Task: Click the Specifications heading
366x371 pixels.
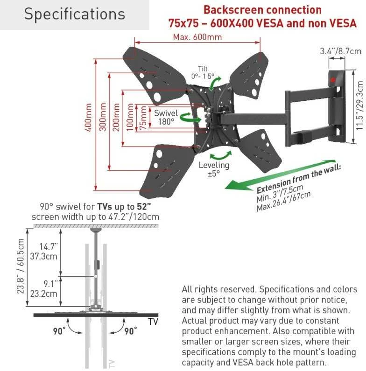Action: coord(75,14)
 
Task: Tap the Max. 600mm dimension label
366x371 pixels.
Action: coord(197,37)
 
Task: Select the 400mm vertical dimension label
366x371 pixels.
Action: coord(88,117)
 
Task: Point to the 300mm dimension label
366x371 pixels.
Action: coord(103,117)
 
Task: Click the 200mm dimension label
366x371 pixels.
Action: coord(116,117)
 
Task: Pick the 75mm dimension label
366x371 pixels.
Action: coord(143,118)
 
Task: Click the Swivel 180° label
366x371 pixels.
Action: coord(166,117)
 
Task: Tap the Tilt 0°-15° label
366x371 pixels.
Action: coord(203,72)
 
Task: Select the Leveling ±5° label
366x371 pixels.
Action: coord(214,169)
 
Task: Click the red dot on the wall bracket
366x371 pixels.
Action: coord(333,80)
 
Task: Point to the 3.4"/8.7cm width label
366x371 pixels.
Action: coord(341,51)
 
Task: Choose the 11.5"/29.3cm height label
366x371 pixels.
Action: coord(359,105)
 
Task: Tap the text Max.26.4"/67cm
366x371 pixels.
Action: coord(284,201)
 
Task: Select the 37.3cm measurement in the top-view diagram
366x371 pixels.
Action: coord(43,257)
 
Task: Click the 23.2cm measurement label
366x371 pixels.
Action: coord(44,294)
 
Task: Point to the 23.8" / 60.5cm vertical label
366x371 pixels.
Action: coord(21,266)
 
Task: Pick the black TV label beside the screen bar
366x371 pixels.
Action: coord(153,322)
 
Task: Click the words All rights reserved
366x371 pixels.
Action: coord(219,289)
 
